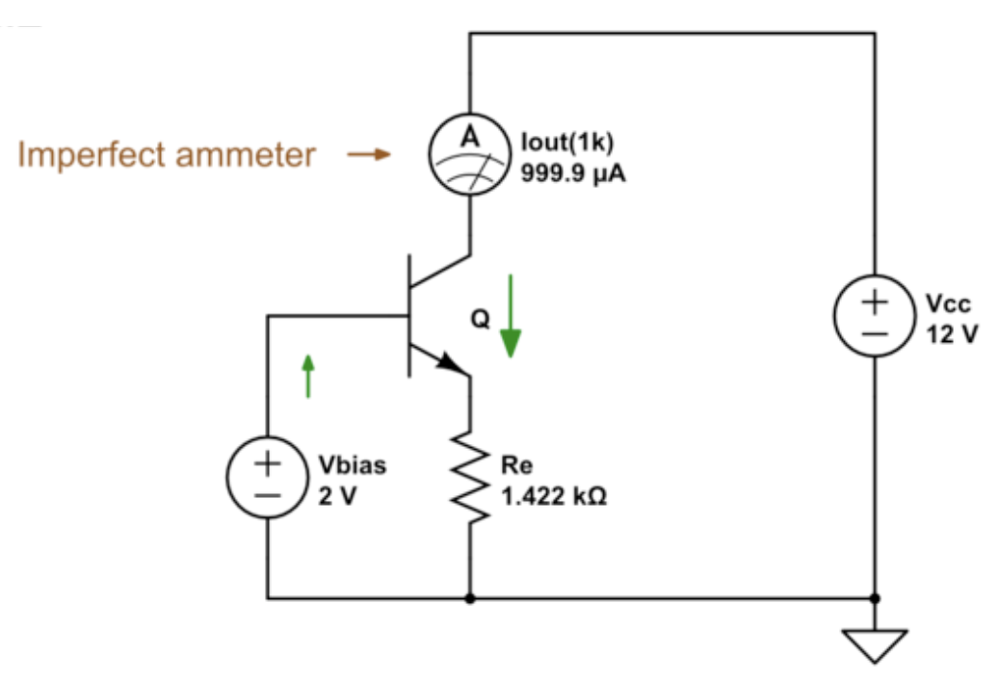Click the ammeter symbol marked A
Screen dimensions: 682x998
point(469,153)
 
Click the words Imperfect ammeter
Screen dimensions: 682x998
point(167,154)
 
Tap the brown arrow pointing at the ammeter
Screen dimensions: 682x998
point(368,154)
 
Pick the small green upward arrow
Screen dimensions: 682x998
point(308,375)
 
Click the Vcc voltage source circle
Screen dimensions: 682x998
point(875,317)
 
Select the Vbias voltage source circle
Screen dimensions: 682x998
point(267,480)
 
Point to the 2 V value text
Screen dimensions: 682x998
point(338,498)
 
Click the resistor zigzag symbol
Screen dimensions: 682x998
point(469,480)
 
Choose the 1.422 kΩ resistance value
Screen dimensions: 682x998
point(554,498)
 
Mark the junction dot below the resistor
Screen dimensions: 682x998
point(469,598)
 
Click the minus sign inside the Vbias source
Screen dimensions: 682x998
point(267,496)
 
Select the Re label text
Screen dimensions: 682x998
point(516,466)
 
